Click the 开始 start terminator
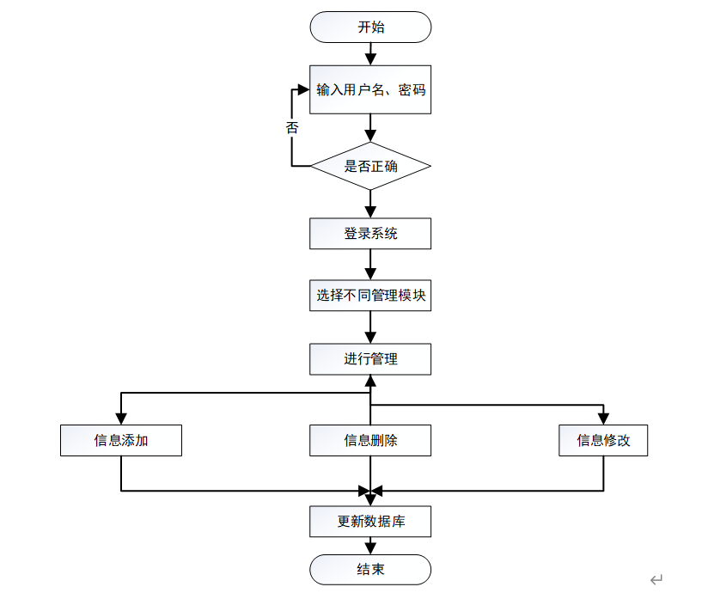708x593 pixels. click(370, 28)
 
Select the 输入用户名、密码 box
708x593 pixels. click(370, 89)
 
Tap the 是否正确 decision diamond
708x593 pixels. click(370, 166)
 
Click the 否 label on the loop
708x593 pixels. click(292, 127)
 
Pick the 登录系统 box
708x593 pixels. click(370, 234)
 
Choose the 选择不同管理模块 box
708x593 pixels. click(370, 296)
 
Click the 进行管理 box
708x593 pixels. click(370, 359)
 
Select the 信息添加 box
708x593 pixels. click(121, 440)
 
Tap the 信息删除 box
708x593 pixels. click(370, 440)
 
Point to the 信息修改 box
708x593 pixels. click(603, 440)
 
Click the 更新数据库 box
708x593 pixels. click(370, 521)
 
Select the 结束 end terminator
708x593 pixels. click(370, 570)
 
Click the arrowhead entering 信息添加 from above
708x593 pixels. click(121, 419)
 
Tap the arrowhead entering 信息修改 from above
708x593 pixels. click(603, 419)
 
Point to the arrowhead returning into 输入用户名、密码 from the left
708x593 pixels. click(304, 89)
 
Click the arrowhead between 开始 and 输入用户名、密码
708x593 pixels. click(370, 59)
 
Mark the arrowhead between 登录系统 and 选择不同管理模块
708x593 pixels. click(370, 273)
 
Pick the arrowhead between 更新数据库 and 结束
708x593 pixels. click(370, 548)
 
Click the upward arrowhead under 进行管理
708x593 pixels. click(370, 382)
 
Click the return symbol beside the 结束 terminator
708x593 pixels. click(656, 579)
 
